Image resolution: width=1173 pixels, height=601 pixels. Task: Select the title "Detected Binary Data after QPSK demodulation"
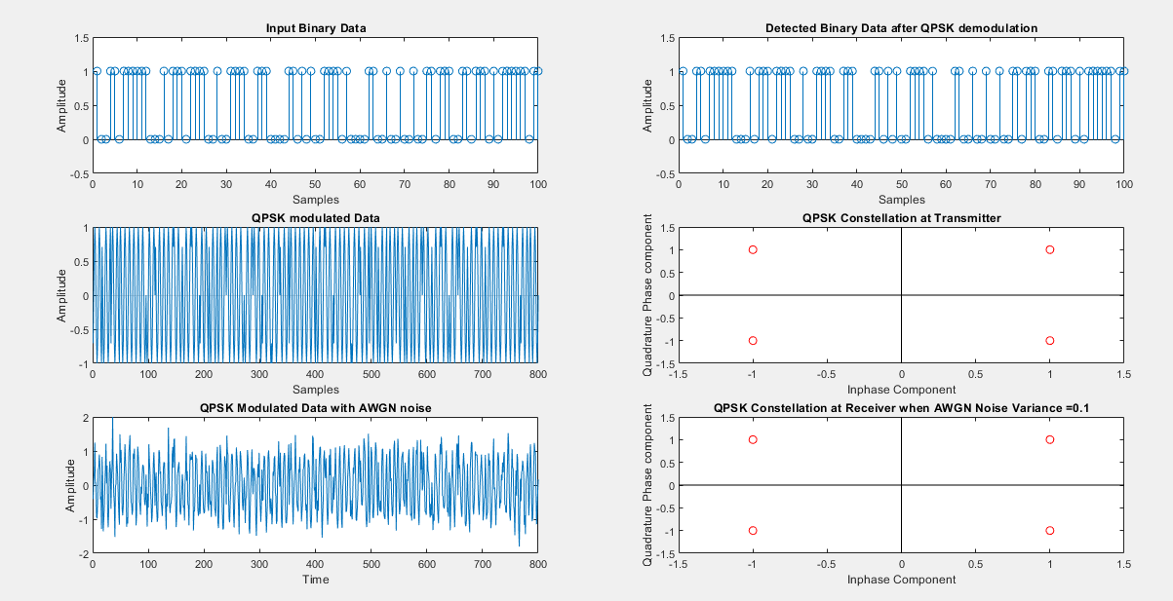[900, 28]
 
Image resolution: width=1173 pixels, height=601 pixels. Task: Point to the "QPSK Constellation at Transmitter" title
[901, 217]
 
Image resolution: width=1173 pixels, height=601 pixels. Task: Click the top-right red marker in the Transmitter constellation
[1050, 249]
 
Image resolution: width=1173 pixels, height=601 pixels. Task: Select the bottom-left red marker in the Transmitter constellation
[752, 341]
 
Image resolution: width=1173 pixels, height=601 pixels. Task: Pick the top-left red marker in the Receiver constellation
[752, 439]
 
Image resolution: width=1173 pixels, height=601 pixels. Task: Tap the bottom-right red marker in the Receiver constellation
[1050, 531]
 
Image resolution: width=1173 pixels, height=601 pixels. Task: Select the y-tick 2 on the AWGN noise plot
[85, 418]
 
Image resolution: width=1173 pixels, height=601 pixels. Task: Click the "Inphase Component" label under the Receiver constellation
[901, 580]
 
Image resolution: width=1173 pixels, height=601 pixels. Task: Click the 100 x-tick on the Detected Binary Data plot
[1123, 184]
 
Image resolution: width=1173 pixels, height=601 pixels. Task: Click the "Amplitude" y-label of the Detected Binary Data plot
[647, 105]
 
